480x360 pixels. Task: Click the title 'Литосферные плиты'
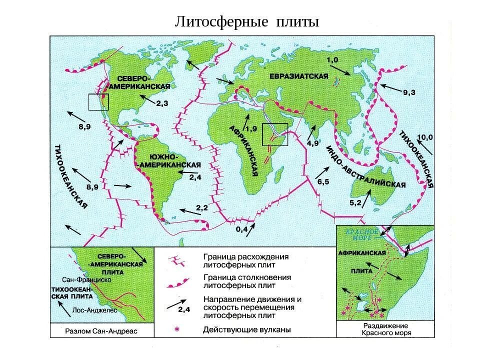tap(246, 22)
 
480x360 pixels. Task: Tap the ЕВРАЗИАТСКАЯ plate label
tap(299, 76)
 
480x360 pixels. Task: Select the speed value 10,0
tap(424, 136)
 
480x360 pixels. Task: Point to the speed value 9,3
tap(409, 92)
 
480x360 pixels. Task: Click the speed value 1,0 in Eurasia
tap(332, 60)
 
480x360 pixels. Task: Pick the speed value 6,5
tap(323, 181)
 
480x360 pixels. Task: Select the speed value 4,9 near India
tap(313, 143)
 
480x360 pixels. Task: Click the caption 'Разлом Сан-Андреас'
tap(101, 331)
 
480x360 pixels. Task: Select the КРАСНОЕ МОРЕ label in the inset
tap(362, 234)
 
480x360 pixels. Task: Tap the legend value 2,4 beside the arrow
tap(184, 309)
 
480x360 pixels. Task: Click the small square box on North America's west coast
tap(98, 102)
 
